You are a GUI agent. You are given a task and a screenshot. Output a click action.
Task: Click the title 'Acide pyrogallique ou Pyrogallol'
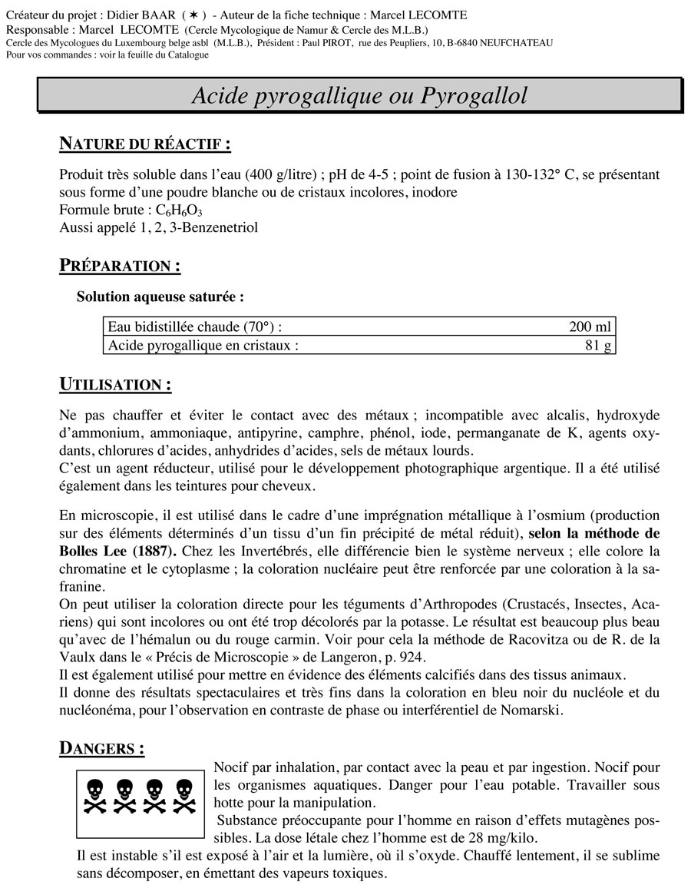coord(359,96)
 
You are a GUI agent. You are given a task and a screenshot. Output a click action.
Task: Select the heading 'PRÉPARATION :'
coord(120,266)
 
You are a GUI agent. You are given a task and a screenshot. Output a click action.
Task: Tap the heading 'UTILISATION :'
coord(115,383)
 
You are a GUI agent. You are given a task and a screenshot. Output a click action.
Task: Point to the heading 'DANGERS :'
coord(101,747)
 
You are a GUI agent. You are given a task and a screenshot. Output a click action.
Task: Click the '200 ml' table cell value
coord(590,326)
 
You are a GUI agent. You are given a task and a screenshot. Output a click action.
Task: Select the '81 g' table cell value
coord(598,345)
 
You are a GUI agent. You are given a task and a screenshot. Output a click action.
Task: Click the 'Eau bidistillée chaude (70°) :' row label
coord(195,326)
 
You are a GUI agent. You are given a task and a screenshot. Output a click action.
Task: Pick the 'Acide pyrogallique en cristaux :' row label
coord(203,345)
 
